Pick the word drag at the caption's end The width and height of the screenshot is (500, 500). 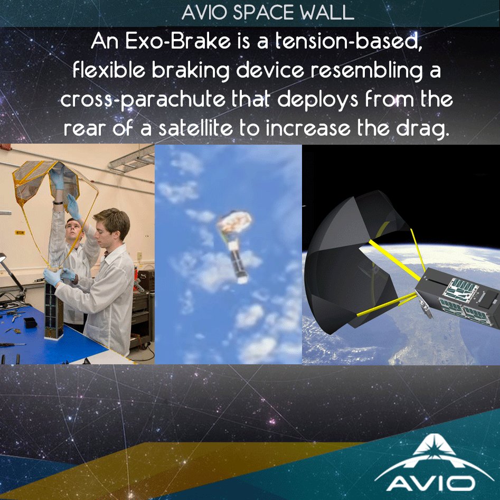pyautogui.click(x=427, y=129)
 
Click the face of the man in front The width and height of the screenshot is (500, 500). pyautogui.click(x=112, y=229)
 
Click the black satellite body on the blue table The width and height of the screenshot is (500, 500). pyautogui.click(x=54, y=306)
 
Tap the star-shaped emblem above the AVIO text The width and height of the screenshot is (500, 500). pyautogui.click(x=431, y=449)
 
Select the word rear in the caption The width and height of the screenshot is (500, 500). pyautogui.click(x=85, y=129)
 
